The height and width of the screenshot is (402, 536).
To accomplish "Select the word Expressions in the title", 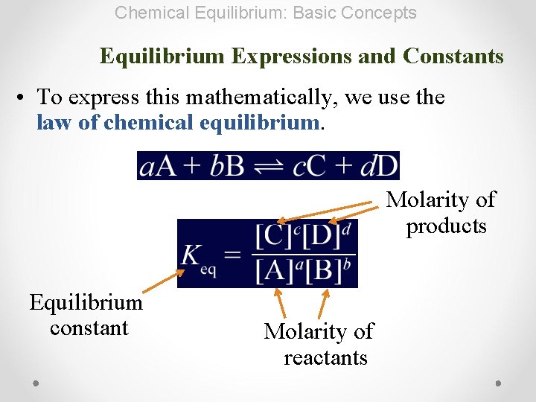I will pyautogui.click(x=295, y=56).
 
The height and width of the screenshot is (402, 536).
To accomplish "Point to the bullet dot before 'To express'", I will pyautogui.click(x=25, y=98).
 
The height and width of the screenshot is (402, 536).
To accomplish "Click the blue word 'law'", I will pyautogui.click(x=54, y=122).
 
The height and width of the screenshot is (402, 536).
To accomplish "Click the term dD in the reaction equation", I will pyautogui.click(x=380, y=166).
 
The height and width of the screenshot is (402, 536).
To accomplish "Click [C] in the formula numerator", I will pyautogui.click(x=273, y=237).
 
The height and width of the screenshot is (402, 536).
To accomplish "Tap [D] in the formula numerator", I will pyautogui.click(x=322, y=237).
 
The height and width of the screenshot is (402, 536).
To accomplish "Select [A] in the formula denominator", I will pyautogui.click(x=274, y=269).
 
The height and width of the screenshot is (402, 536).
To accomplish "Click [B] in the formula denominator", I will pyautogui.click(x=322, y=269).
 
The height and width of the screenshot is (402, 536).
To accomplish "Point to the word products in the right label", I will pyautogui.click(x=446, y=226).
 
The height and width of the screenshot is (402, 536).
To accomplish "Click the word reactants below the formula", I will pyautogui.click(x=325, y=358).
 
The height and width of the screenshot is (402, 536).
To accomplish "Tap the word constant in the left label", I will pyautogui.click(x=89, y=328).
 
